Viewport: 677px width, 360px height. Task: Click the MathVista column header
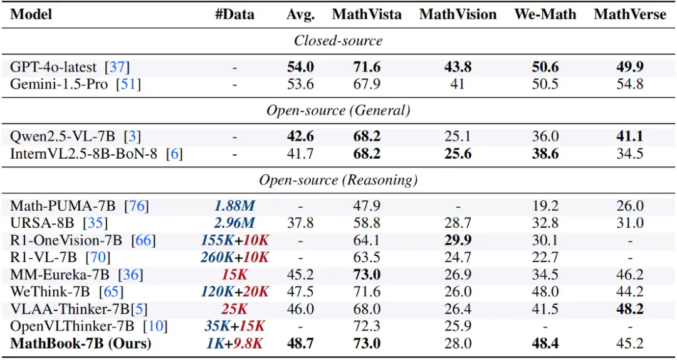(367, 14)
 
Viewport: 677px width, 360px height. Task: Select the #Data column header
(235, 14)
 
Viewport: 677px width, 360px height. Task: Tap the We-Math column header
(545, 14)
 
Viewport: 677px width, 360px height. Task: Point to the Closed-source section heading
(338, 41)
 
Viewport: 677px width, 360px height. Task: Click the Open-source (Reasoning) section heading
(338, 180)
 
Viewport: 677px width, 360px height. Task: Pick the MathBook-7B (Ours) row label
(81, 344)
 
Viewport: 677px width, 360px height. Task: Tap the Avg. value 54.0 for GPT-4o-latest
(300, 67)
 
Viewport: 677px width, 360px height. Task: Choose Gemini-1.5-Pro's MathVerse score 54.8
(629, 84)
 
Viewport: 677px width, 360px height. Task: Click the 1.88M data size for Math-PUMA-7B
(235, 206)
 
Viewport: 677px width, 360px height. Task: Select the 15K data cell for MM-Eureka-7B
(235, 275)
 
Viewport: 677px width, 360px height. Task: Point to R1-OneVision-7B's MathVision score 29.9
(457, 240)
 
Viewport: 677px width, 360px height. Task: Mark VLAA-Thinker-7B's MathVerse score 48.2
(629, 309)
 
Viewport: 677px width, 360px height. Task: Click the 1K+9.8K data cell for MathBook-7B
(235, 344)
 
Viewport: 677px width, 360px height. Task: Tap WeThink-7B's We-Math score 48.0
(545, 292)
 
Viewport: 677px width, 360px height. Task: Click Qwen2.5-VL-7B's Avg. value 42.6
(300, 137)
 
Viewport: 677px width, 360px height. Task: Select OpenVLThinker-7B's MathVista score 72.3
(367, 327)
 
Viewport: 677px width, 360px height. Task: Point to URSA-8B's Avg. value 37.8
(300, 223)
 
